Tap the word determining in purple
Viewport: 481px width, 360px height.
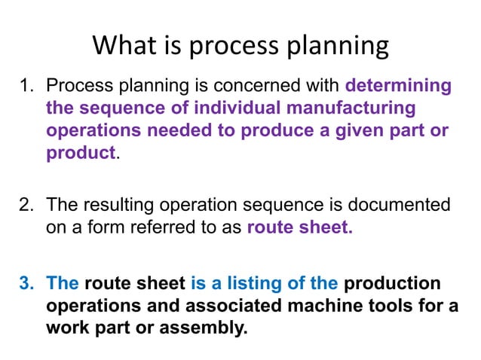pyautogui.click(x=398, y=86)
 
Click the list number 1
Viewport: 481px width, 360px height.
pyautogui.click(x=28, y=86)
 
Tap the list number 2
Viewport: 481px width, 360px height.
pyautogui.click(x=28, y=205)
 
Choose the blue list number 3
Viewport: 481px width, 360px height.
pyautogui.click(x=28, y=283)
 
